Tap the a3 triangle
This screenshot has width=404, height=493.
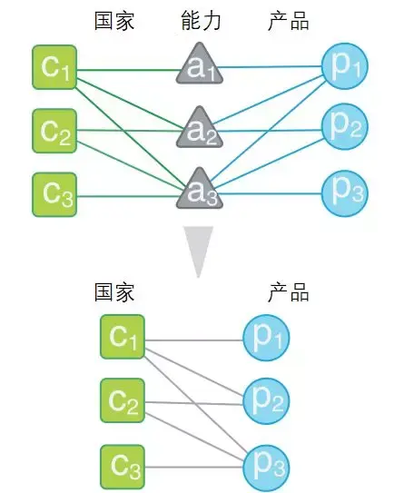click(200, 191)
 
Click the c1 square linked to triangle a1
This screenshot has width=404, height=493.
click(54, 67)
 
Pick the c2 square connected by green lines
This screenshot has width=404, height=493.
click(54, 131)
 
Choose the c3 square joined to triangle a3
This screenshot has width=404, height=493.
click(54, 194)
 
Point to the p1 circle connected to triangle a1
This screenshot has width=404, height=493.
click(345, 66)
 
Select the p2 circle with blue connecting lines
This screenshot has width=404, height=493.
click(345, 126)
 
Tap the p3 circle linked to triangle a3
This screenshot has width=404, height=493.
click(345, 193)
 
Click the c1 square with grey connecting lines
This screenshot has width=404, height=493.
click(123, 337)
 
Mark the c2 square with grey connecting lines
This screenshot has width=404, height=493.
click(123, 400)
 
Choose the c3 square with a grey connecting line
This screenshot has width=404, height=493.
click(123, 467)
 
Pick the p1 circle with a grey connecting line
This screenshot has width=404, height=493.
click(266, 338)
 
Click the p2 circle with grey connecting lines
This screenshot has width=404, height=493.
click(266, 401)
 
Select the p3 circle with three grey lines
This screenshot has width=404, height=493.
click(266, 468)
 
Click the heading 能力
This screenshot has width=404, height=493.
click(202, 21)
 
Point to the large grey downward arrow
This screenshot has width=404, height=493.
click(199, 251)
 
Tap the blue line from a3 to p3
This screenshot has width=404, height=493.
click(271, 193)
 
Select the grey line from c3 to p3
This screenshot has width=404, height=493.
click(194, 468)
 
